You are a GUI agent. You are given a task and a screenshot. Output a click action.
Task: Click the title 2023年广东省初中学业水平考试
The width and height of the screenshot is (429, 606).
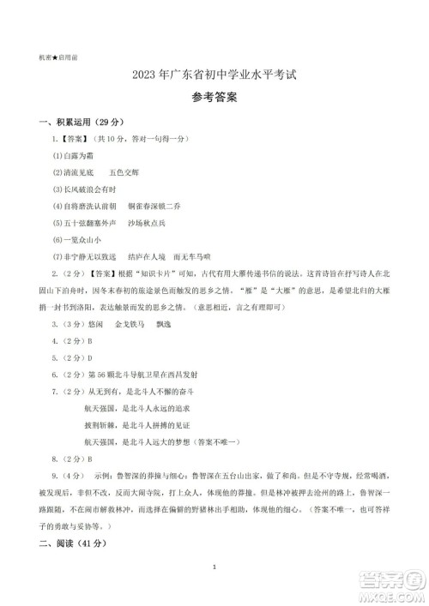214,75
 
